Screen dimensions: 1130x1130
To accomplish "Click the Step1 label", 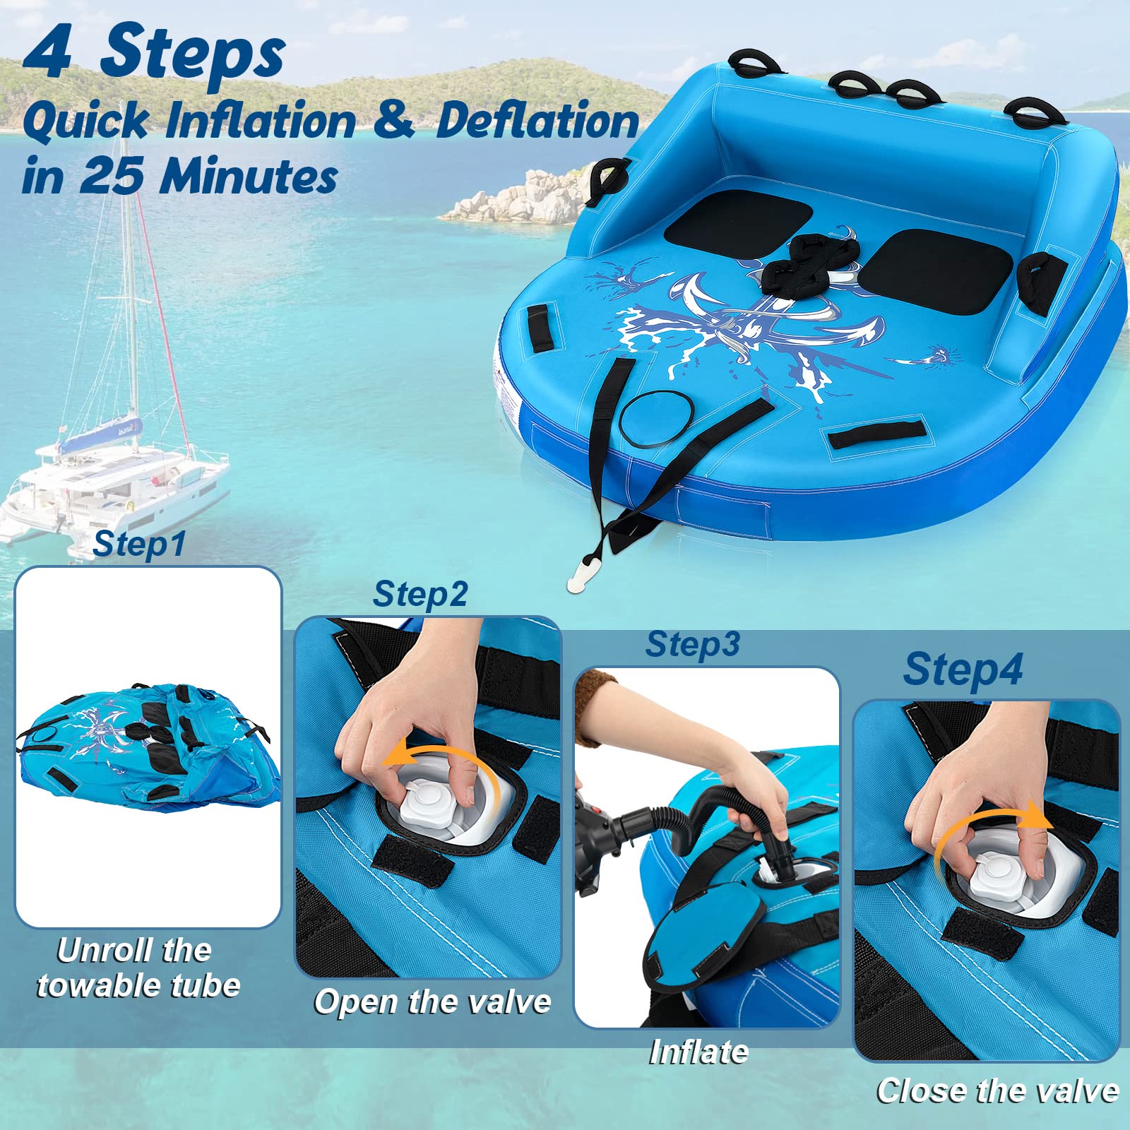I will [x=139, y=545].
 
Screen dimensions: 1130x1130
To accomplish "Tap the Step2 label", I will [x=420, y=594].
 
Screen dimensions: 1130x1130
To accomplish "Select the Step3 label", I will [x=693, y=644].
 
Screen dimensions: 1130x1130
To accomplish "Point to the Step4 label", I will [x=963, y=670].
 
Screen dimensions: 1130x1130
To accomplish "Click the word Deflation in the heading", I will [x=537, y=121].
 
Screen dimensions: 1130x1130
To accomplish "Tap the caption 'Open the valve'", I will [x=432, y=1002].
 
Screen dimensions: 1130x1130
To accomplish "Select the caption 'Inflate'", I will [x=698, y=1052].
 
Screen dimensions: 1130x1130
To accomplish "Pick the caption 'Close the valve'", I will [x=997, y=1091].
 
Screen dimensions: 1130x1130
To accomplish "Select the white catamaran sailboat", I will [x=113, y=480].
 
